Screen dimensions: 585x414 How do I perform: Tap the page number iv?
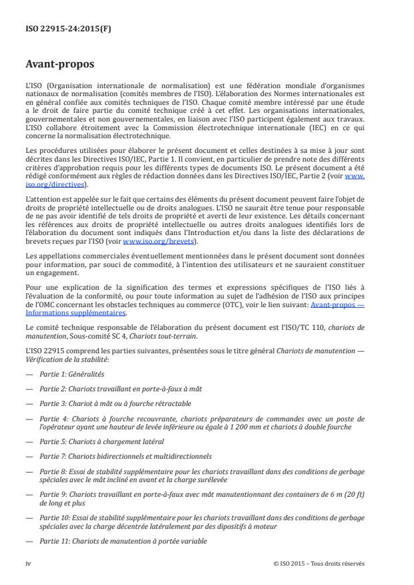pos(29,563)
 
